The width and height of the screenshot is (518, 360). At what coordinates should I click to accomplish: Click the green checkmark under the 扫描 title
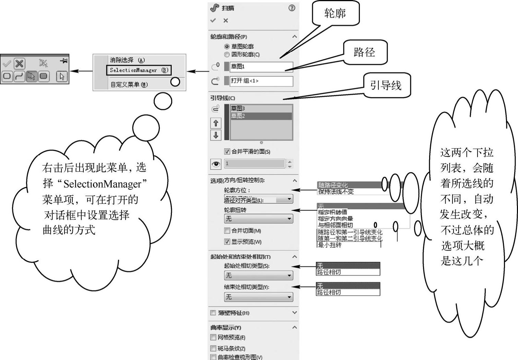coord(213,21)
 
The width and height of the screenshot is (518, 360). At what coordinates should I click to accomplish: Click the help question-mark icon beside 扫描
coord(292,8)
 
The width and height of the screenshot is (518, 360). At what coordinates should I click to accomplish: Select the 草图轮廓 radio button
coord(227,46)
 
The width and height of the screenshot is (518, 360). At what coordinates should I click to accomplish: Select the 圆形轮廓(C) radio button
coord(227,55)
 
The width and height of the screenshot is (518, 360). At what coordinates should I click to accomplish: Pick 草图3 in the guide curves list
coord(261,108)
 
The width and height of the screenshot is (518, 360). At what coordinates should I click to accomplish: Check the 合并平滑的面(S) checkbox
coord(227,151)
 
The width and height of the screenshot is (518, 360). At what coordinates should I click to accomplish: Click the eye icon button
coord(216,164)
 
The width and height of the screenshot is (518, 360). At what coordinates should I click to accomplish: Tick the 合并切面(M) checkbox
coord(227,231)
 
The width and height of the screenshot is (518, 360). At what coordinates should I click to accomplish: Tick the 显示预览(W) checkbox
coord(227,242)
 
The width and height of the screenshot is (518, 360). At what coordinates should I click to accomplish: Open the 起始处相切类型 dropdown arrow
coord(289,276)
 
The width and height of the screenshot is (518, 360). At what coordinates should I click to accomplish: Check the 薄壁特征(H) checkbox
coord(213,313)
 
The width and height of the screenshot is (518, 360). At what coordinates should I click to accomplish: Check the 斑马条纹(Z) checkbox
coord(213,348)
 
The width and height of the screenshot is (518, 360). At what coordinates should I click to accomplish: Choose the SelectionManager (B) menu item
coord(139,70)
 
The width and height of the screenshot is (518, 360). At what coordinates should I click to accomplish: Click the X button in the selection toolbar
coord(20,63)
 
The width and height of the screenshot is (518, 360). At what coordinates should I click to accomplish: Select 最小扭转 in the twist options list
coord(330,245)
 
